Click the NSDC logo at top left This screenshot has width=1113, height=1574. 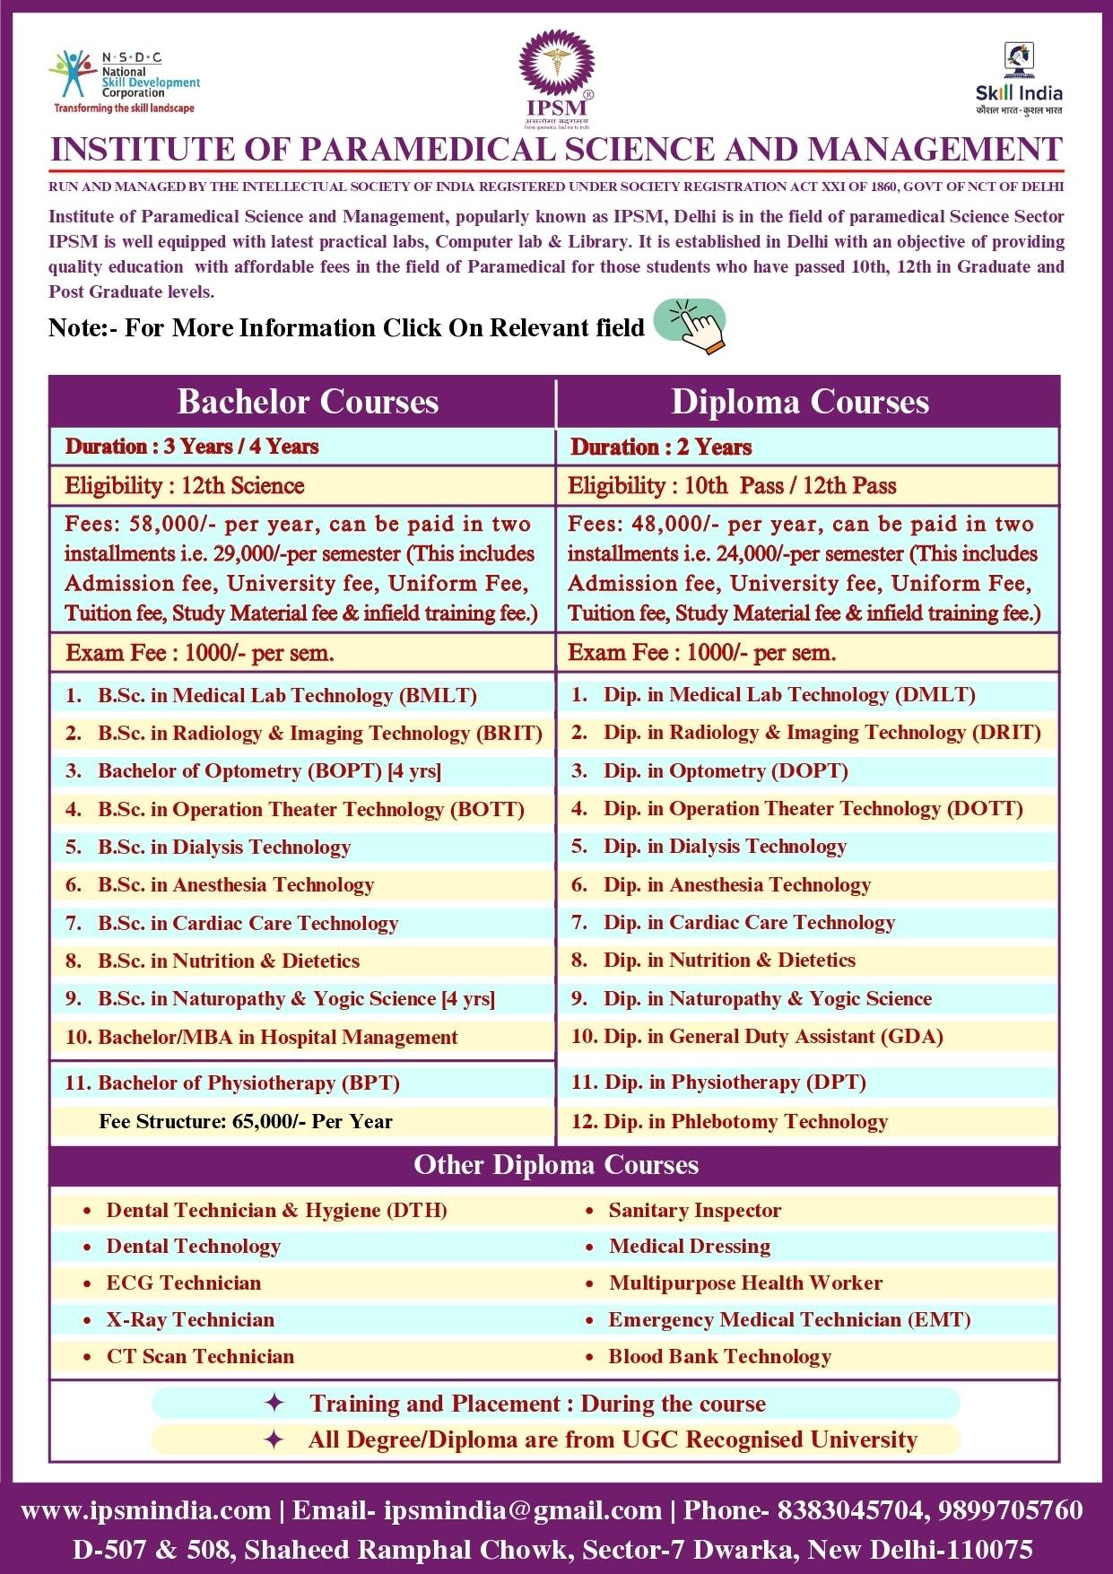tap(124, 82)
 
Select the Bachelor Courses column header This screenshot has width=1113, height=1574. tap(308, 402)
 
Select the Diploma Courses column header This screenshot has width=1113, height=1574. tap(800, 402)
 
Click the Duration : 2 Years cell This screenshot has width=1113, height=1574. tap(661, 447)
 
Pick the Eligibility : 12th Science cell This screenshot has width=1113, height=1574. tap(185, 486)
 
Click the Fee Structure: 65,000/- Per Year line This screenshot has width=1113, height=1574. tap(246, 1121)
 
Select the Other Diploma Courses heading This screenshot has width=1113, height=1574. tap(556, 1165)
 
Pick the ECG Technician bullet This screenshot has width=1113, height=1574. tap(183, 1283)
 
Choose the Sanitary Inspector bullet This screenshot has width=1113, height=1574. tap(694, 1210)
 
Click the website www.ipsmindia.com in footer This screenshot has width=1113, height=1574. tap(145, 1510)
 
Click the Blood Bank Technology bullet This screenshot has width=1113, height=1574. tap(719, 1356)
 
